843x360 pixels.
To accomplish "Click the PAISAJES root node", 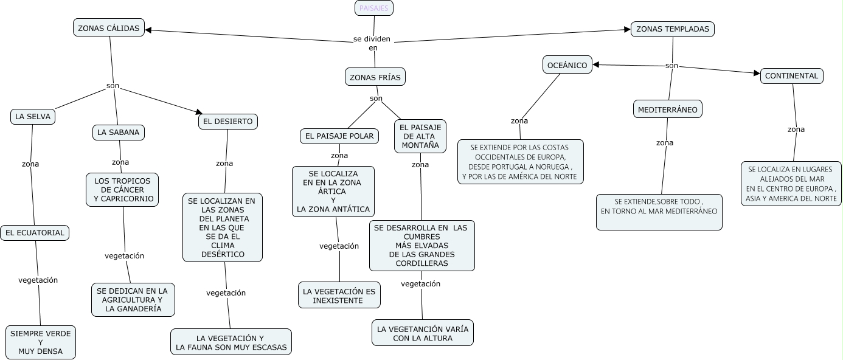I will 374,8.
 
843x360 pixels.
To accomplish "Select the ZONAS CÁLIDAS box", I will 109,28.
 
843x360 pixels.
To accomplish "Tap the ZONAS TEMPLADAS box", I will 672,29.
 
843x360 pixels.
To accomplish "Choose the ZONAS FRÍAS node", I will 375,77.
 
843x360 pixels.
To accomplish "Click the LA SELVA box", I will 33,117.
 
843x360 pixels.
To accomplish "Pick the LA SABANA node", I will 118,132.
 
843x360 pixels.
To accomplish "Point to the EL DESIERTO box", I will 227,122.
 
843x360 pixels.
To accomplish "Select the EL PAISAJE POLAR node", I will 339,136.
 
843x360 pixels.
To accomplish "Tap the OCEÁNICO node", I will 567,65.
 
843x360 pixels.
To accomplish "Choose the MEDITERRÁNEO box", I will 667,109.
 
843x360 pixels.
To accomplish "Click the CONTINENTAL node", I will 791,76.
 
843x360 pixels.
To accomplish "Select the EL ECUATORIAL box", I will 35,233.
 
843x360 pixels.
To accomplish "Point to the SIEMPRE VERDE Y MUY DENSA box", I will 41,342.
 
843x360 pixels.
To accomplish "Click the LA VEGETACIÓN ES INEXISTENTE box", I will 339,296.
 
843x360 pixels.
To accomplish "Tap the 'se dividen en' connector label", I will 372,43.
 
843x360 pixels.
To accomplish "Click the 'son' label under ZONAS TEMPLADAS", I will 671,66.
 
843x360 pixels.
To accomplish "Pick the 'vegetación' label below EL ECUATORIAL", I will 38,280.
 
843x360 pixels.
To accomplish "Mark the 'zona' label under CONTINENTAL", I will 796,130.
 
